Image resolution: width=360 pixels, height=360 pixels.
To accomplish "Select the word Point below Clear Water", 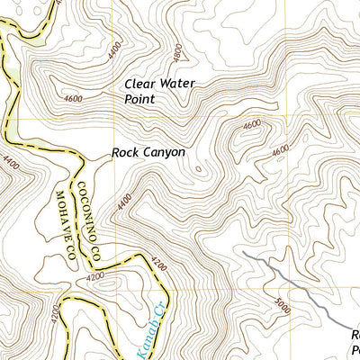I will pyautogui.click(x=139, y=100).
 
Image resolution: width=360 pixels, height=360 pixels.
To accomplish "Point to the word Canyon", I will pyautogui.click(x=165, y=153).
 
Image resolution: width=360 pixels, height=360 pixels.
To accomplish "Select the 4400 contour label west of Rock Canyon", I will pyautogui.click(x=10, y=164).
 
